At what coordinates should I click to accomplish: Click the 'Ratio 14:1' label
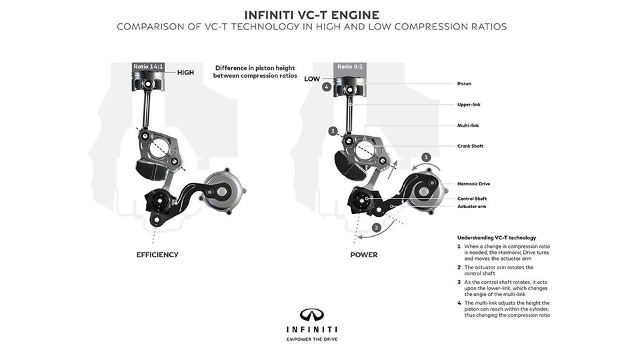(x=148, y=67)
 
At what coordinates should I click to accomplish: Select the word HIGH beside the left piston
(x=185, y=72)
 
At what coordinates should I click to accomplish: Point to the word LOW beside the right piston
(x=312, y=78)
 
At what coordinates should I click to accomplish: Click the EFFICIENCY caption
(x=157, y=255)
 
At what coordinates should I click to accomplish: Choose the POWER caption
(x=364, y=255)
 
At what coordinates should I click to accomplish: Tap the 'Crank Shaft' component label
(x=471, y=146)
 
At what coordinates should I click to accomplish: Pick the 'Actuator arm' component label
(x=471, y=207)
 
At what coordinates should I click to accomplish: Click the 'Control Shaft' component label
(x=472, y=198)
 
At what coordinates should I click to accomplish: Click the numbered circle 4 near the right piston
(x=326, y=87)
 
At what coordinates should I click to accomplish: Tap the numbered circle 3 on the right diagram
(x=333, y=132)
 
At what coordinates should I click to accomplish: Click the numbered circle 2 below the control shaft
(x=376, y=227)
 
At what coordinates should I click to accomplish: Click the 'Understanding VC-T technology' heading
(x=496, y=237)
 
